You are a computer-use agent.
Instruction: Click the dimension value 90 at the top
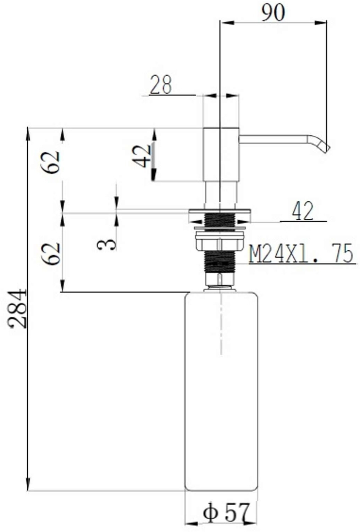(273, 13)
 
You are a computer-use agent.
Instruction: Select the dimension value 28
(161, 84)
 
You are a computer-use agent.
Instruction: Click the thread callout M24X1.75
(301, 253)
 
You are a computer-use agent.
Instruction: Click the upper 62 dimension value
(50, 162)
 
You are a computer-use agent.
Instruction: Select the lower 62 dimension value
(50, 254)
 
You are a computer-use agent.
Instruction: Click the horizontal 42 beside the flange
(302, 211)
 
